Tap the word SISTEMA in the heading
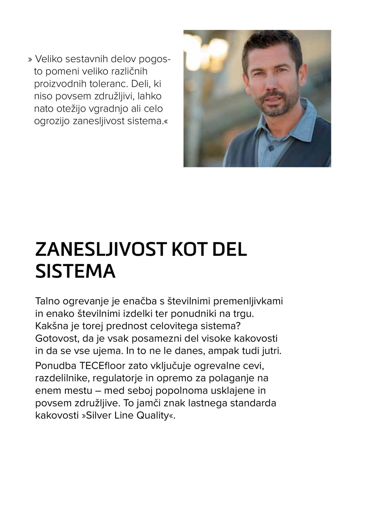pos(75,271)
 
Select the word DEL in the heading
pos(229,249)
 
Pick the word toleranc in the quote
pos(110,84)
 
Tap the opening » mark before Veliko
pos(30,59)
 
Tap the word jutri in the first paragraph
pos(271,351)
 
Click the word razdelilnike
pos(62,378)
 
